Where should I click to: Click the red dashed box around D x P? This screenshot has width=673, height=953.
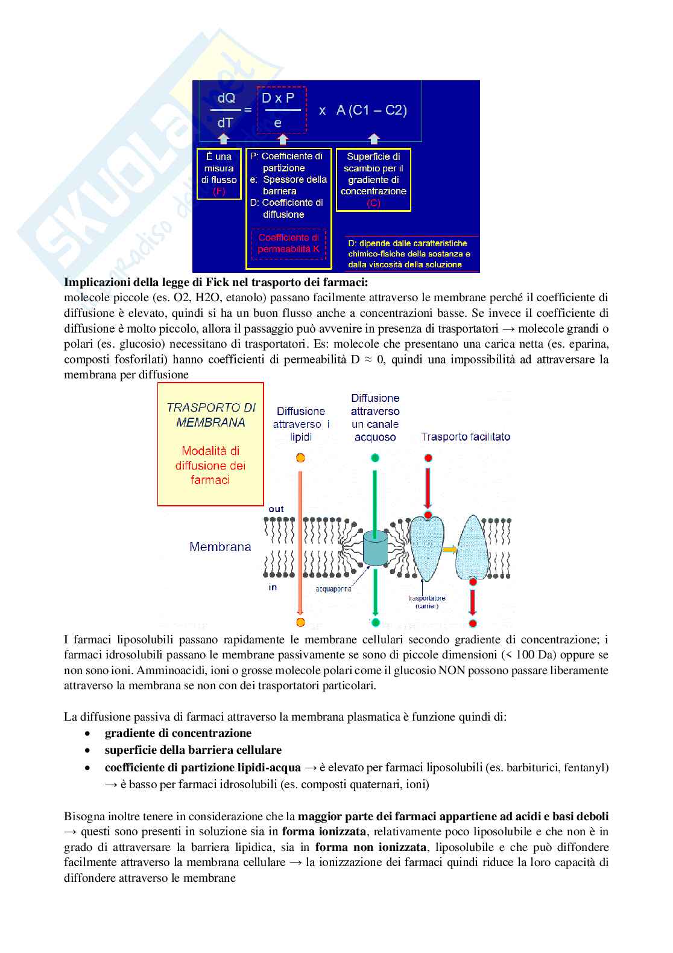(x=281, y=110)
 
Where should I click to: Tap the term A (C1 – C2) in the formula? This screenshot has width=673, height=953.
(x=371, y=110)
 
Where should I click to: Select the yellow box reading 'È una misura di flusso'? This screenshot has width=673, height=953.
(x=219, y=174)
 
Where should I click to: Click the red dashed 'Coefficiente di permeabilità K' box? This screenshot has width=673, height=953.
(x=288, y=244)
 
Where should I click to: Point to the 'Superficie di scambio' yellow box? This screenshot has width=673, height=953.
(x=373, y=180)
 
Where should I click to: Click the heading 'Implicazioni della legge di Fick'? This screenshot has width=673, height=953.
(x=216, y=282)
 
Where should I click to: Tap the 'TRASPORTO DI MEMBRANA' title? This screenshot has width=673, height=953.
(x=210, y=415)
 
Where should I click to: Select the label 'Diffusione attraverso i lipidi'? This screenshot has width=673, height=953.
(x=301, y=424)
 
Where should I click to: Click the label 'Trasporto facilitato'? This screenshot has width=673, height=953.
(x=465, y=436)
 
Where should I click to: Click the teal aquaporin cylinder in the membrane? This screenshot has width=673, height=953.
(x=374, y=548)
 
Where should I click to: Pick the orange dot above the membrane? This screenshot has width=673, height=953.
(x=300, y=458)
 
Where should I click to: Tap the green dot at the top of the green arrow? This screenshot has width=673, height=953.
(x=375, y=458)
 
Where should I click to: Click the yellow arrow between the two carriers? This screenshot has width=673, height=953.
(x=450, y=549)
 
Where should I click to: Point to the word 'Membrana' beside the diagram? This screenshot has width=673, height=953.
(x=220, y=547)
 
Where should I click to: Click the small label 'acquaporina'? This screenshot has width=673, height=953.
(x=333, y=589)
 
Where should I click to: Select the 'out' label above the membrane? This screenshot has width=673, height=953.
(x=276, y=509)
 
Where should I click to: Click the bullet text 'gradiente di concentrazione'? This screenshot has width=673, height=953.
(x=178, y=733)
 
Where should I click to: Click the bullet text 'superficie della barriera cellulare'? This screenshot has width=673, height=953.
(x=193, y=750)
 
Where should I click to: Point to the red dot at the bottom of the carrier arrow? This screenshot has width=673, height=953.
(x=473, y=623)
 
